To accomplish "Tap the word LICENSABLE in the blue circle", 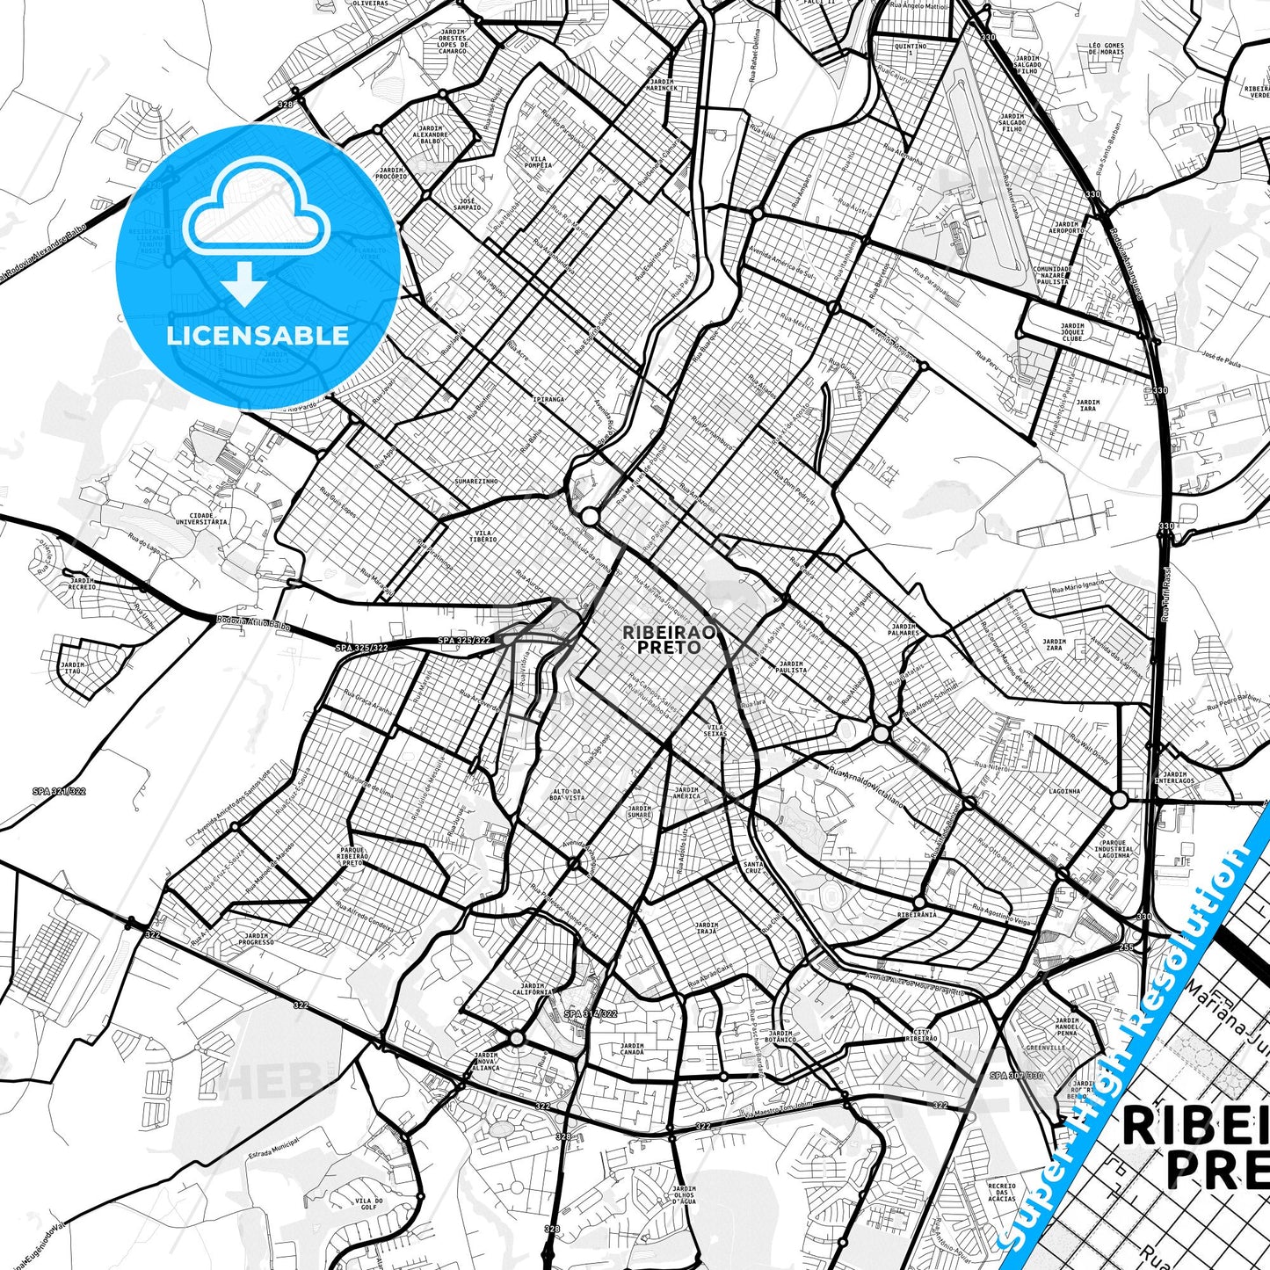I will click(x=258, y=335).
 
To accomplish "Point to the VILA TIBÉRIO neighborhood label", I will click(x=484, y=535).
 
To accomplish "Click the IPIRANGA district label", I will click(x=548, y=399).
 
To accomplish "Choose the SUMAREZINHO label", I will click(x=476, y=481).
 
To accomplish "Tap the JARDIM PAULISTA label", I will click(x=791, y=666).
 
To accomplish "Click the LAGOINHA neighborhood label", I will click(x=1064, y=791).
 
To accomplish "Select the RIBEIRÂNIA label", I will click(x=917, y=914).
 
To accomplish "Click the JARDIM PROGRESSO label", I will click(x=256, y=939).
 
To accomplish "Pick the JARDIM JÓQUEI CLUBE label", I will click(x=1071, y=332).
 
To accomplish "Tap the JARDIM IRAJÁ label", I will click(x=706, y=927).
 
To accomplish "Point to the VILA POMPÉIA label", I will click(x=538, y=163).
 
